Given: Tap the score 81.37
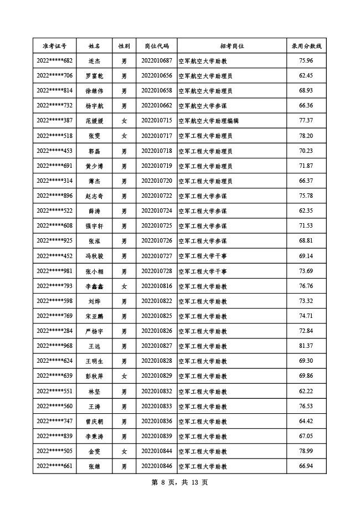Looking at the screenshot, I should click(306, 346).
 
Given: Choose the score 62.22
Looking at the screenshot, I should click(306, 392).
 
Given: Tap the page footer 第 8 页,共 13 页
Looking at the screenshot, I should click(179, 482).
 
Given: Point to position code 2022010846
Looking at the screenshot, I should click(157, 466).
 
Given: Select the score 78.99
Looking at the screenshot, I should click(306, 451).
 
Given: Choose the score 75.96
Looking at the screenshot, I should click(306, 60).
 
